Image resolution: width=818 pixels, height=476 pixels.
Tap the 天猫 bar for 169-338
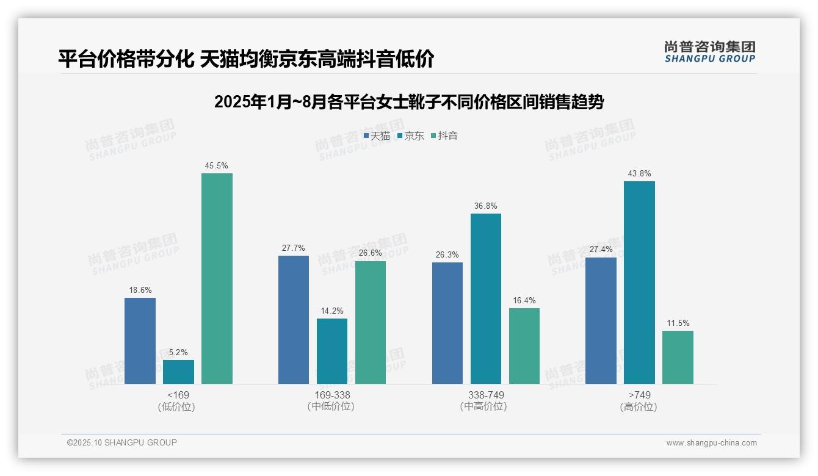294,320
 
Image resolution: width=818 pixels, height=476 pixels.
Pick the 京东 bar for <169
178,372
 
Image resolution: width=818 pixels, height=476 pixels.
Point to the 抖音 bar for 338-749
524,346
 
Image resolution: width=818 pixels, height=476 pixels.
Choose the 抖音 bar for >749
678,357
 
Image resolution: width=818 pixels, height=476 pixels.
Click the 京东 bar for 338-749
486,298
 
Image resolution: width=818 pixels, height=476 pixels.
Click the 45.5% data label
217,166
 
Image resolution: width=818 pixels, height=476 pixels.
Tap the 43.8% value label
639,174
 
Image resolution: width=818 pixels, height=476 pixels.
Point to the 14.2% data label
332,311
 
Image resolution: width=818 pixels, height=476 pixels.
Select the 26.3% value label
447,255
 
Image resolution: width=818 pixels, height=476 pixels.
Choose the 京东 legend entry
410,136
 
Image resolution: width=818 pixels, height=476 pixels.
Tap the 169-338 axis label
332,395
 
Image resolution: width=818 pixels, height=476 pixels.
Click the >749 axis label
639,395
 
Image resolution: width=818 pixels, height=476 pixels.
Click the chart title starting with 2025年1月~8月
408,102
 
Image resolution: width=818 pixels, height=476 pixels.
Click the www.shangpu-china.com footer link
711,443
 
